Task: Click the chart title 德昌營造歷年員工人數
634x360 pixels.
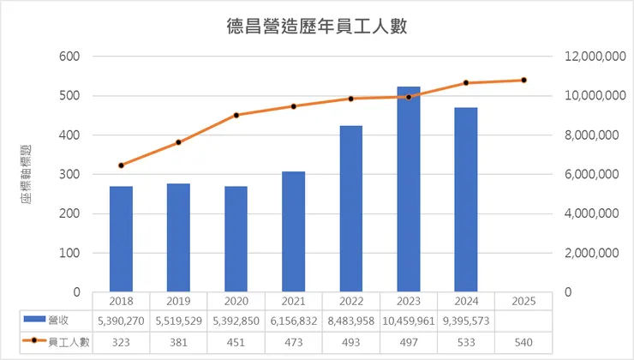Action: [x=316, y=26]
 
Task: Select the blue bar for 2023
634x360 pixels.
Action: [x=409, y=189]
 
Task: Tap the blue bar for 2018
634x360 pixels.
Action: [x=121, y=239]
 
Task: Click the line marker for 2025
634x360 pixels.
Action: [x=523, y=81]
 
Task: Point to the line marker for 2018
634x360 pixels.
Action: [x=121, y=165]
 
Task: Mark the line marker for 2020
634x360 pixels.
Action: [x=236, y=115]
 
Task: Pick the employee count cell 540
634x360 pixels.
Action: [x=523, y=341]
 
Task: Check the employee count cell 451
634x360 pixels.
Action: [x=236, y=341]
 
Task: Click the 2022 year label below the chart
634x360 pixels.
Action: [x=350, y=301]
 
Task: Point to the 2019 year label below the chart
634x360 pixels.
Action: [x=178, y=301]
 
